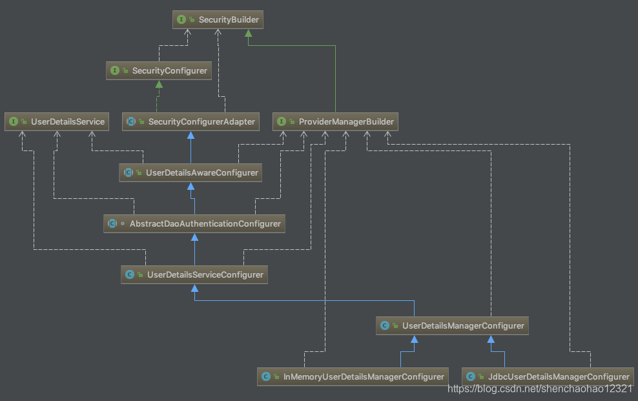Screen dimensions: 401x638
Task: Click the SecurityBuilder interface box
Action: [218, 20]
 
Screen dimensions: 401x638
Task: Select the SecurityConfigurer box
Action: [159, 71]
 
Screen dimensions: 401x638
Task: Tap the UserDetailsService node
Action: [57, 121]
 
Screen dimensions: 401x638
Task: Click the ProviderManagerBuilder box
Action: [335, 121]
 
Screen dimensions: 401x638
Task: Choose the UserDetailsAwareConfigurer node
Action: [191, 172]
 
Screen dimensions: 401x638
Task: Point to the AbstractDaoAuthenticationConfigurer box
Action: [194, 223]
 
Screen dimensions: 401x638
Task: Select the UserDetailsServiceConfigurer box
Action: [194, 274]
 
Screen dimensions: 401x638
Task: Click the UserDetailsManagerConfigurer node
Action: [452, 325]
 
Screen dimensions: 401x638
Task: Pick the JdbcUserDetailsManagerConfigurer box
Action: [548, 376]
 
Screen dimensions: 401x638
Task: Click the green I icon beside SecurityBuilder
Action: [181, 20]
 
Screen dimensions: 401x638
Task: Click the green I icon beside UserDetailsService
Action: [14, 121]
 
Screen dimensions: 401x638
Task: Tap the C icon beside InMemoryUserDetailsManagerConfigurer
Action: [265, 376]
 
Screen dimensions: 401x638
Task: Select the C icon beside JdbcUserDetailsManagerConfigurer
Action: [471, 376]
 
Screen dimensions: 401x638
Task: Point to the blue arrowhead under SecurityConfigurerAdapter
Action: [190, 135]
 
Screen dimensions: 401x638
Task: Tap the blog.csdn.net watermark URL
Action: [540, 389]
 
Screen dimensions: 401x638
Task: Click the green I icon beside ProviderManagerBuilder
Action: [281, 121]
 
